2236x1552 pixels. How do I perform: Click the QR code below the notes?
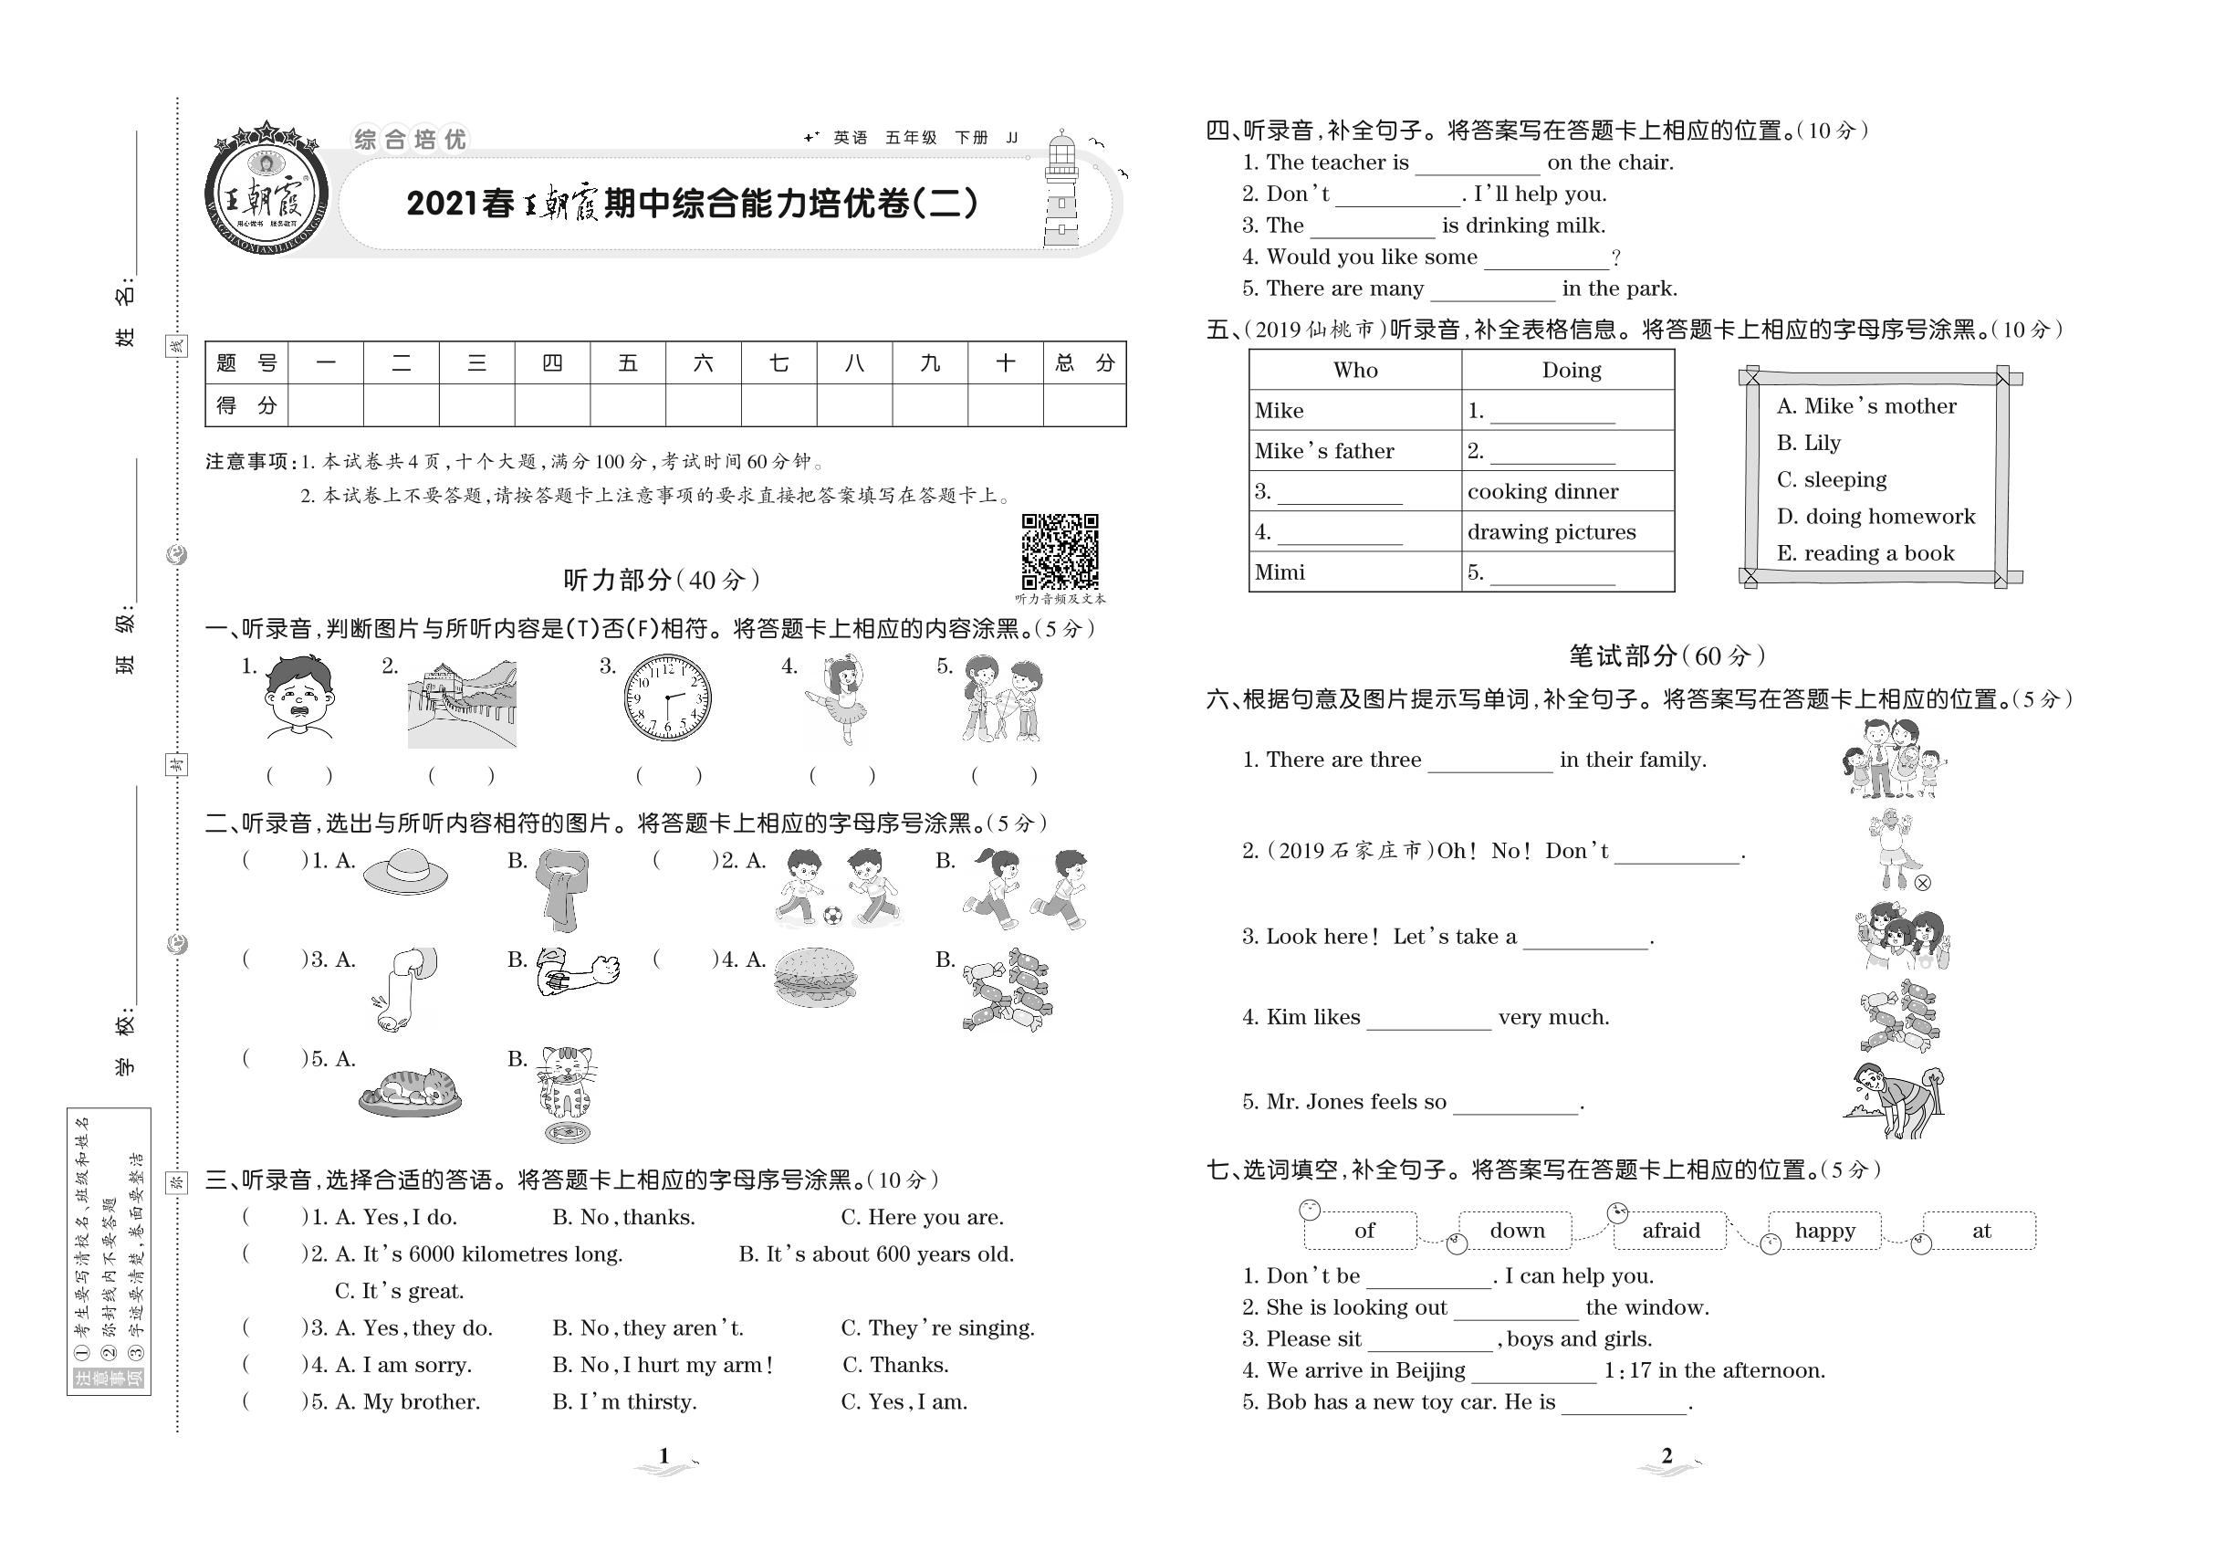pyautogui.click(x=1060, y=551)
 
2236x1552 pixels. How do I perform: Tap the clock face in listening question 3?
pyautogui.click(x=667, y=698)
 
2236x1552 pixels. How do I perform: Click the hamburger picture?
pyautogui.click(x=816, y=977)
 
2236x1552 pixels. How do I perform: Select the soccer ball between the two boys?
pyautogui.click(x=832, y=915)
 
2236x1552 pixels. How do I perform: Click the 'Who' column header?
pyautogui.click(x=1355, y=371)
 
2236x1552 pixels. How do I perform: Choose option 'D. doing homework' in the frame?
pyautogui.click(x=1876, y=517)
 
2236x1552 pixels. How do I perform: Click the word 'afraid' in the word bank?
pyautogui.click(x=1671, y=1231)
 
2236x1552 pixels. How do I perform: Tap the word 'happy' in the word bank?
pyautogui.click(x=1824, y=1231)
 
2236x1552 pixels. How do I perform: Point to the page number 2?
pyautogui.click(x=1667, y=1456)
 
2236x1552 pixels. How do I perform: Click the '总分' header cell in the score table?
pyautogui.click(x=1084, y=363)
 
